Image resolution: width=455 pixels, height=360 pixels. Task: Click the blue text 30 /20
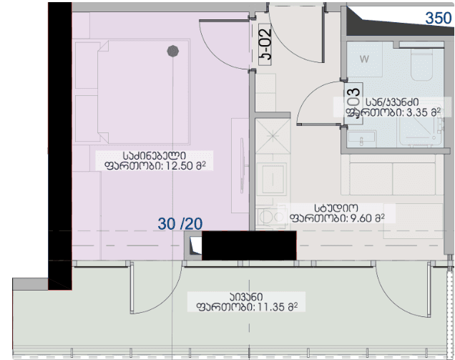pyautogui.click(x=180, y=223)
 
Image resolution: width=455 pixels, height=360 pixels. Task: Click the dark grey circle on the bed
pyautogui.click(x=172, y=51)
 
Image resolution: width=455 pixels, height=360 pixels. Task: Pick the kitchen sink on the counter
pyautogui.click(x=273, y=175)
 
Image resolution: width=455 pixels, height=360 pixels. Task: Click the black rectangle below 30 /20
pyautogui.click(x=248, y=245)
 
